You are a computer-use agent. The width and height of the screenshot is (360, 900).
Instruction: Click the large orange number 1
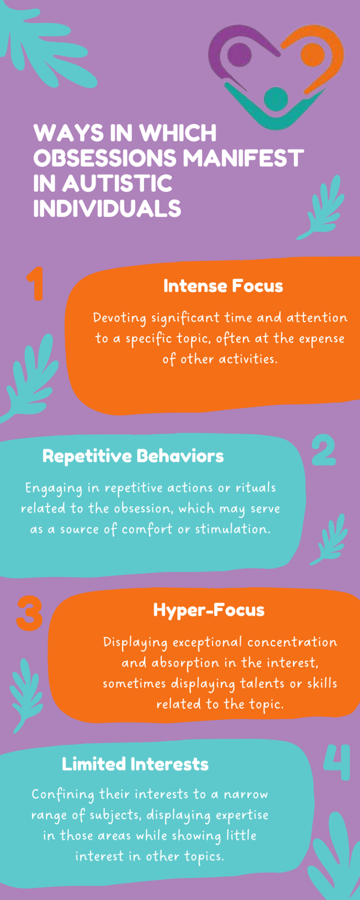(36, 284)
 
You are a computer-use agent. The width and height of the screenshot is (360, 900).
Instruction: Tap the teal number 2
(324, 450)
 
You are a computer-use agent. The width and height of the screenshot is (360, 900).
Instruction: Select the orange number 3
(30, 614)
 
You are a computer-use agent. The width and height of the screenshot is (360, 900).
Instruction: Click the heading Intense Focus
(223, 286)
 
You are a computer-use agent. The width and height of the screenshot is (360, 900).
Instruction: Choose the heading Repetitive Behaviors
(133, 456)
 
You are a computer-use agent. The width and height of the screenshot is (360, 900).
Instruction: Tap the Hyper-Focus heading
(209, 610)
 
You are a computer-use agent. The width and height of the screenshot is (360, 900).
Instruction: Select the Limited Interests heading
(135, 764)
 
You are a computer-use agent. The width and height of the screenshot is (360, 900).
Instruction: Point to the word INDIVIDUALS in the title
(107, 209)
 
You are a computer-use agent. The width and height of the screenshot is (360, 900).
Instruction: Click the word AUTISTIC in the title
(118, 183)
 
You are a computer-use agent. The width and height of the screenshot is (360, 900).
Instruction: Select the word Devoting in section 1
(120, 318)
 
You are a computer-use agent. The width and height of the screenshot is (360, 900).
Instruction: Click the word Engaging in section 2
(54, 489)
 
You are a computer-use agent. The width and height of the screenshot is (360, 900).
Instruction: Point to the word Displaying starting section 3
(135, 643)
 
